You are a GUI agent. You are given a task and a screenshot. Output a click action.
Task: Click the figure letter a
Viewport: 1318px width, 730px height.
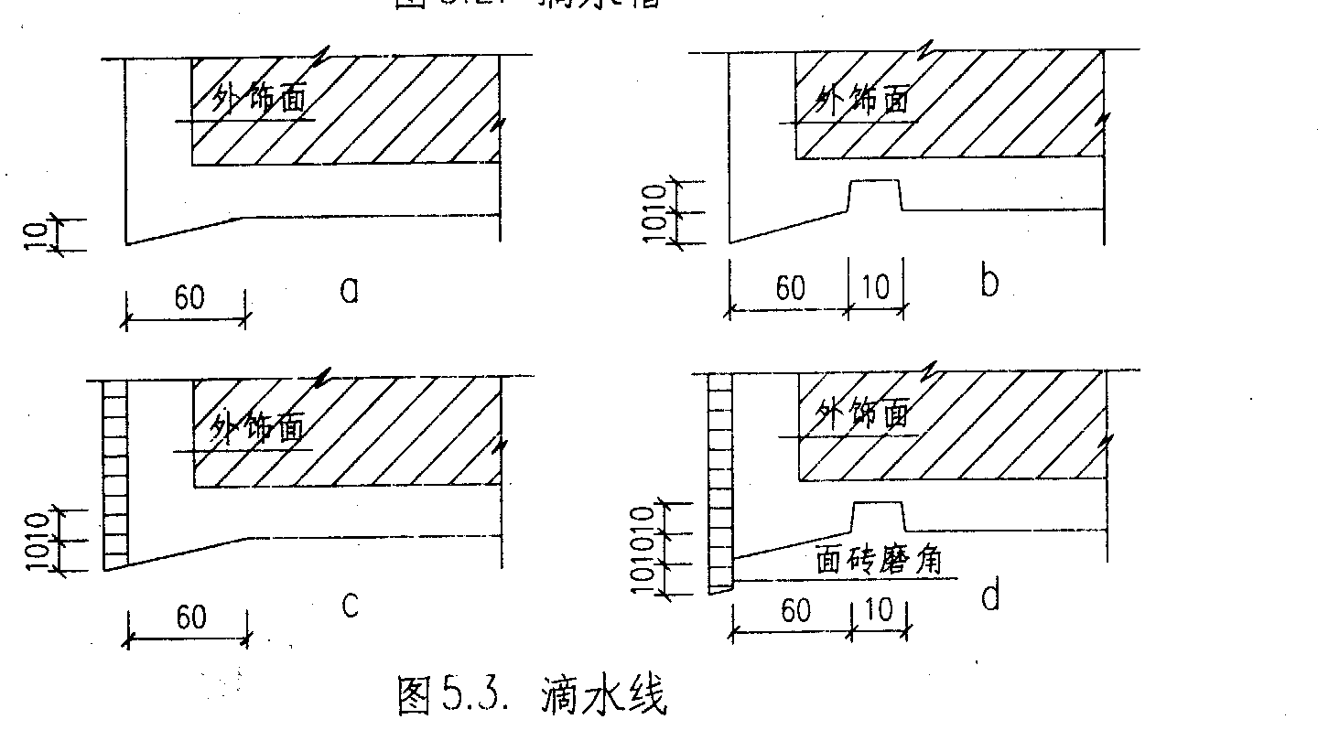pos(349,290)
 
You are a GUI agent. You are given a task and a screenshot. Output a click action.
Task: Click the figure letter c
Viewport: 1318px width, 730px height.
pos(350,606)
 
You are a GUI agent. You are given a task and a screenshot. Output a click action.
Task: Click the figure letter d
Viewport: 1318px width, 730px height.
pos(989,597)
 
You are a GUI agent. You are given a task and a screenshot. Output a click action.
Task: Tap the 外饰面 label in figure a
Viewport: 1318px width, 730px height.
pos(258,98)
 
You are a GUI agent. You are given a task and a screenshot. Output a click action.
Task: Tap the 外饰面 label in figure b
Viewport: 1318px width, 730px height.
pos(863,99)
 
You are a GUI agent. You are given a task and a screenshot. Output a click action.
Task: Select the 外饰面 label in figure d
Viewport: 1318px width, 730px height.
pos(863,414)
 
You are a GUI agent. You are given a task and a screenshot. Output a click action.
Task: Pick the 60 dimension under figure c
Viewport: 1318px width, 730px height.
pos(190,617)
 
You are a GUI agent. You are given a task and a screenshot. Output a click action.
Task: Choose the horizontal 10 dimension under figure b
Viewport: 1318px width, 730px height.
pos(876,287)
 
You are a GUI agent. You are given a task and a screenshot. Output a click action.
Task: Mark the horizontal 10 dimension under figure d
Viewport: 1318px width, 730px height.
pos(878,610)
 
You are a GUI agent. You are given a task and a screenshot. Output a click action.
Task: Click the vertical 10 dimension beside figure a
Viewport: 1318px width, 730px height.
pos(34,234)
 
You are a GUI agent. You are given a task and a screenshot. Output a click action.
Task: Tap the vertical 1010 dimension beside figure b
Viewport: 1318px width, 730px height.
pos(654,213)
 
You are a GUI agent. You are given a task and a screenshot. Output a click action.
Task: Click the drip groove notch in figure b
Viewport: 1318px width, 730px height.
pos(875,195)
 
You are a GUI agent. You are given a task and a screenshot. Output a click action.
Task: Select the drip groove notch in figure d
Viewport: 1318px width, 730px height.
pos(878,517)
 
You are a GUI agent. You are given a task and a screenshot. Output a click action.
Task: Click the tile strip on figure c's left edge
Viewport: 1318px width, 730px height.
pos(114,472)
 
